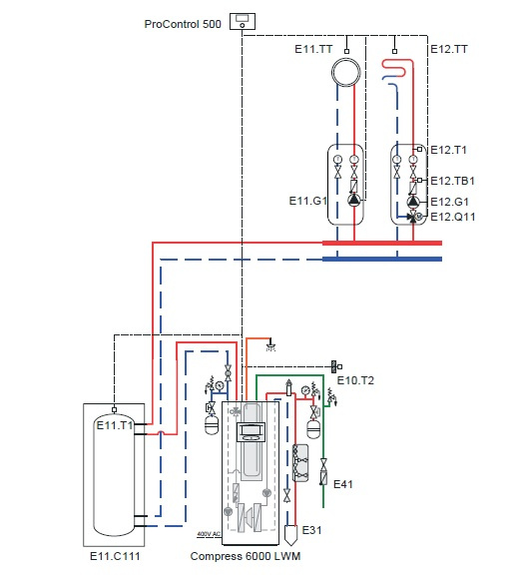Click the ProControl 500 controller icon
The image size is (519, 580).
coord(243,21)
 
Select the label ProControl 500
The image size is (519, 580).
coord(183,24)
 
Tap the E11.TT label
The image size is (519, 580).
coord(313,49)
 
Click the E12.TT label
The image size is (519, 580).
coord(449,49)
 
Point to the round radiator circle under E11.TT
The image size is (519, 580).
coord(346,60)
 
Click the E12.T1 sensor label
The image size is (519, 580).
coord(448,150)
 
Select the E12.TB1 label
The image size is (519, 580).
coord(452,181)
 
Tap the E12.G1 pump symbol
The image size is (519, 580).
coord(413,202)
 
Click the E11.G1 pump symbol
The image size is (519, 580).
coord(354,200)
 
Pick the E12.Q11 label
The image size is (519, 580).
coord(453,217)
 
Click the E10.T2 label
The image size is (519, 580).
coord(355,380)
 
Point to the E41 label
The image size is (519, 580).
coord(343,484)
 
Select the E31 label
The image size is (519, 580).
coord(311,530)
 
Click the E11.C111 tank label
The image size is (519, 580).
coord(115,556)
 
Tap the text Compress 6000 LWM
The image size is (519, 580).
coord(246,556)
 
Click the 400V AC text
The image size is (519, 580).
coord(209,534)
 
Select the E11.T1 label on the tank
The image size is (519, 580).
coord(115,425)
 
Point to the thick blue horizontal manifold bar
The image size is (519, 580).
coord(382,259)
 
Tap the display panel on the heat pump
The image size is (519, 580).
coord(251,431)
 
